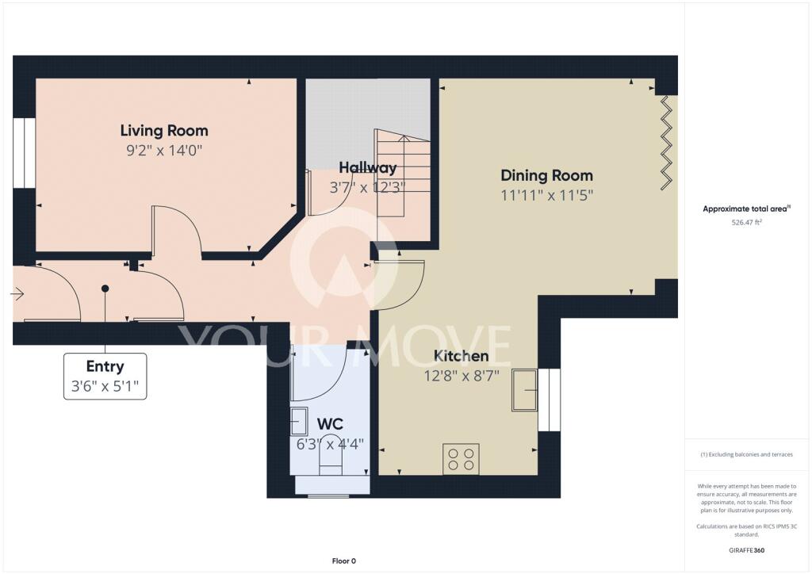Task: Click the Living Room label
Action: click(164, 131)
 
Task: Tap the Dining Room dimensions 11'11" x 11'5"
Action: click(546, 196)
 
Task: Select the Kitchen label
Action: click(461, 356)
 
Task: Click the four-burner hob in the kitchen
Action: click(461, 459)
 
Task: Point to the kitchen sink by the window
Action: click(525, 390)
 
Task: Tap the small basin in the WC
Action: click(299, 421)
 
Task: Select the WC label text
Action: click(330, 424)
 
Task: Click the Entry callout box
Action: click(105, 377)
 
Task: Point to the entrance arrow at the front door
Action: click(17, 294)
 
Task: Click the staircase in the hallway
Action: click(403, 174)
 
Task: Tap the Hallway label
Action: click(368, 168)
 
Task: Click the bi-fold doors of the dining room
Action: click(666, 143)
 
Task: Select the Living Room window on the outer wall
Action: click(24, 153)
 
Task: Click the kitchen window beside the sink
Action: click(550, 400)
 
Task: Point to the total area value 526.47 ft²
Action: click(746, 223)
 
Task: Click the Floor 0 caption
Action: click(344, 561)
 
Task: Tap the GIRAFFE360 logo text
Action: click(746, 550)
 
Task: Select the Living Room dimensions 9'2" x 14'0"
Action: click(164, 151)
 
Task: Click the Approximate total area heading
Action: click(746, 209)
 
